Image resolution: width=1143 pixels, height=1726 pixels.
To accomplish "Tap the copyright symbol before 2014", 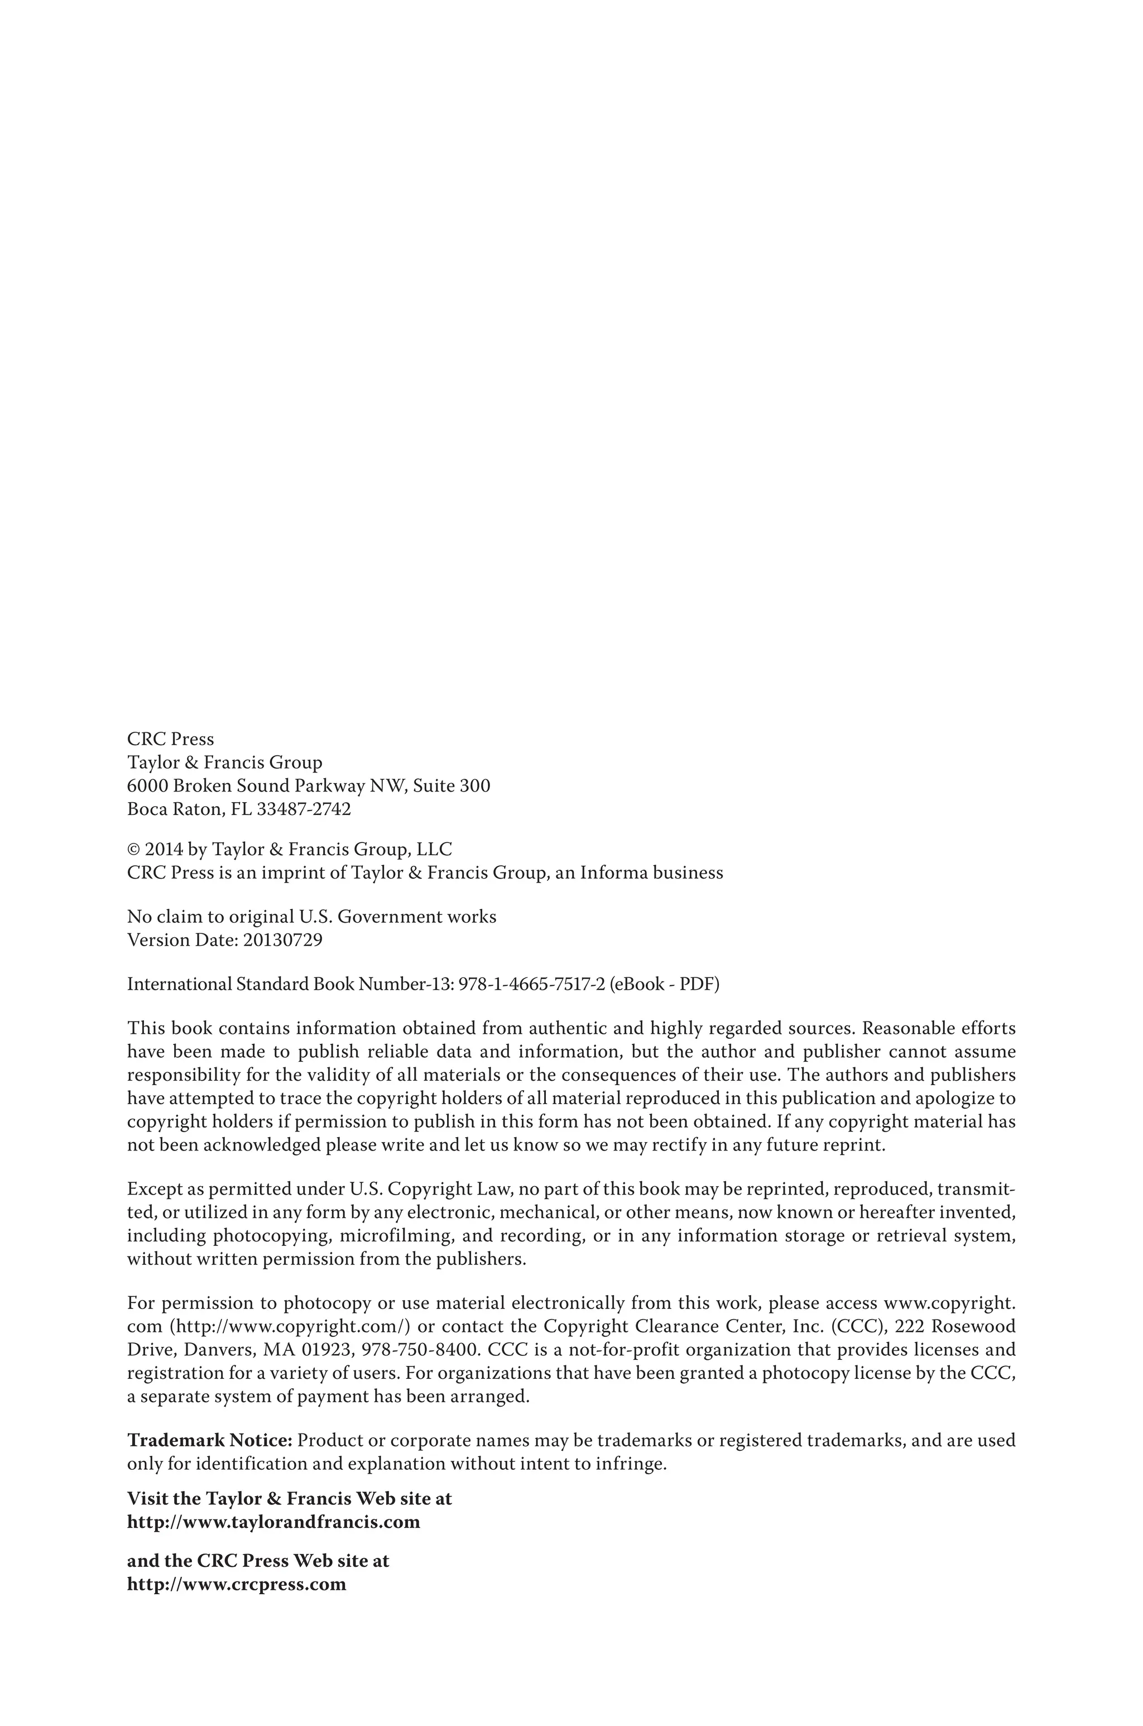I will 133,850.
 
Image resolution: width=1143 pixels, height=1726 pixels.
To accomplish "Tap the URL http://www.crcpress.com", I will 236,1584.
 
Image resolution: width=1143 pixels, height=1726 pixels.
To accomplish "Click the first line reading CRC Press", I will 171,739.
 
